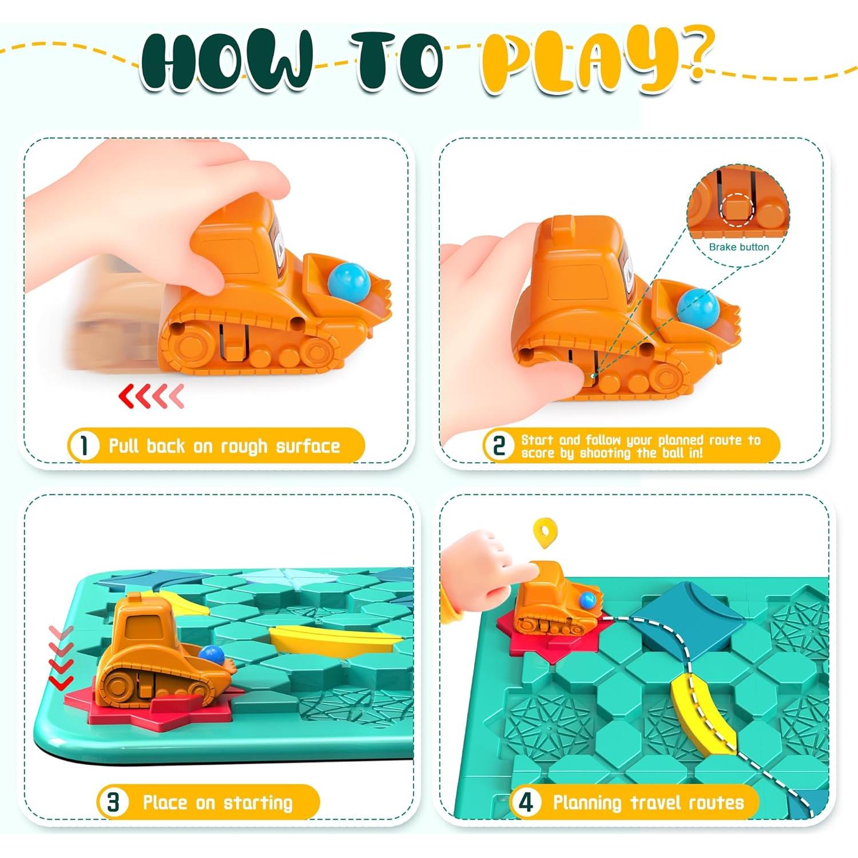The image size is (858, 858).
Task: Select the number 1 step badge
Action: tap(84, 446)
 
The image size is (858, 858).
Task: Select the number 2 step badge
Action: tap(499, 446)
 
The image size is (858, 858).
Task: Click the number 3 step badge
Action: tap(113, 802)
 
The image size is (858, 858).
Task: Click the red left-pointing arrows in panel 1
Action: tap(151, 396)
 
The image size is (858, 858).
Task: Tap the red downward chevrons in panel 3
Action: tap(61, 658)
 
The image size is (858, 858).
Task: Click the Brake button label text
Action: tap(738, 247)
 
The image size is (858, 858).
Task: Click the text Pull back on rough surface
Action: tap(224, 446)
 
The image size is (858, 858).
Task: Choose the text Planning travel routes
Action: tap(648, 802)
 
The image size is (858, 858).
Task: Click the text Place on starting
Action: tap(217, 802)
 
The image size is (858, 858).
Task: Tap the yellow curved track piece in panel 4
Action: tap(701, 715)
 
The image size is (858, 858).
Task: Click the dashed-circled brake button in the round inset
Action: tap(737, 209)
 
